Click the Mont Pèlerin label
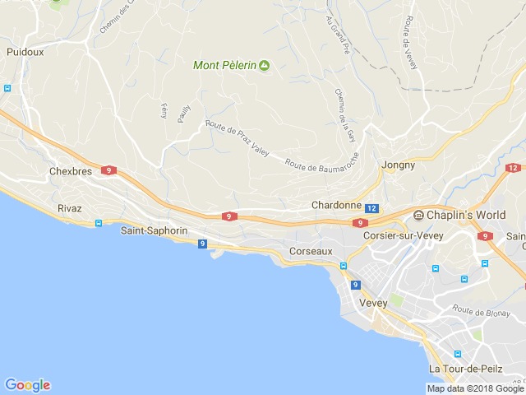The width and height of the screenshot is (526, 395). click(x=224, y=65)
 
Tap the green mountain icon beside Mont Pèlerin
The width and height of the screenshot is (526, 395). click(x=264, y=65)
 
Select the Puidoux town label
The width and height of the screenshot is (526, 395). click(x=25, y=52)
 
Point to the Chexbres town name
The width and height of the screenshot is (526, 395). click(x=68, y=171)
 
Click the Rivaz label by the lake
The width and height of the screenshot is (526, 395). click(x=70, y=208)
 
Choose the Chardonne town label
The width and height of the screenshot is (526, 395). click(x=336, y=205)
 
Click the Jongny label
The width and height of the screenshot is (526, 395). click(x=398, y=165)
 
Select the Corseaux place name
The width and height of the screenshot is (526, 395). click(x=311, y=250)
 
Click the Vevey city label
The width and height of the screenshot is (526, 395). click(x=374, y=303)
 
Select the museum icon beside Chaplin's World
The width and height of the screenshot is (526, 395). click(x=419, y=216)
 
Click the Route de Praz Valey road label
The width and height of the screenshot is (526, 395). click(x=238, y=138)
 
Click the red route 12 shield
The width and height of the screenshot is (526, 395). click(x=514, y=168)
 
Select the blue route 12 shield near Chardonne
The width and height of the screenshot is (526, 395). click(x=372, y=209)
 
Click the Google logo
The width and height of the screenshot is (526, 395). click(x=27, y=384)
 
